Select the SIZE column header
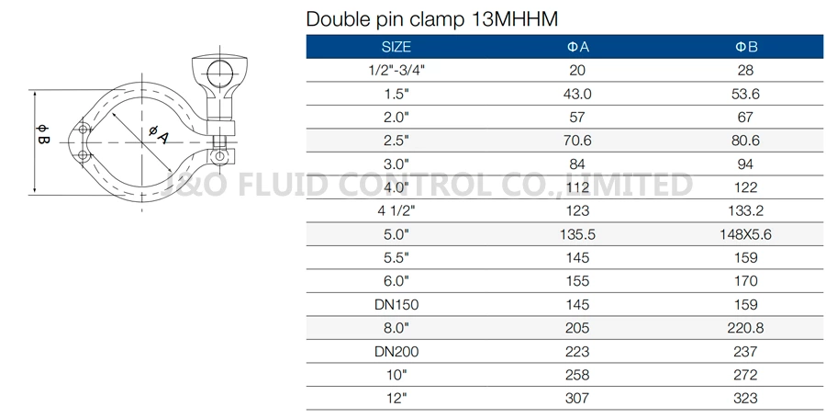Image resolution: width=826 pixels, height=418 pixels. click(x=396, y=47)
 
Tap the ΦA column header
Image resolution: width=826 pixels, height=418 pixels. click(x=578, y=47)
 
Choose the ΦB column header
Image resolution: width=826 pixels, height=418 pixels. click(x=745, y=47)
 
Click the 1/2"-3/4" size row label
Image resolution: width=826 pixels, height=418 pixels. click(x=396, y=71)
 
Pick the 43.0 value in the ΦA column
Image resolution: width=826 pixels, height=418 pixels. click(x=578, y=94)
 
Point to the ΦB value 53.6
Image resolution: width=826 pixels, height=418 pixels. click(x=745, y=94)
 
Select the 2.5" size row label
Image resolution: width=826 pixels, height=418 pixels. click(x=396, y=141)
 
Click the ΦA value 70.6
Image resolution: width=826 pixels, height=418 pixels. click(x=578, y=141)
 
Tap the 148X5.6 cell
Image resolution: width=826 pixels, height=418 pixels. click(x=745, y=234)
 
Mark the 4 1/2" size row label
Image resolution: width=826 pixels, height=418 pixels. click(x=396, y=210)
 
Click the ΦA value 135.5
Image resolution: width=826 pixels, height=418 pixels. click(x=578, y=234)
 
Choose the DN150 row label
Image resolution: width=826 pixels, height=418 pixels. click(x=396, y=304)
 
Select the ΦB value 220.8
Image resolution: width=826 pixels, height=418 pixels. click(x=745, y=328)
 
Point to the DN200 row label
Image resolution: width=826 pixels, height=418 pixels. click(x=396, y=351)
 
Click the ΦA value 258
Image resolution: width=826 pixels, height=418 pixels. click(x=578, y=375)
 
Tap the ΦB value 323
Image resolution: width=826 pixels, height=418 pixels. click(x=745, y=398)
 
